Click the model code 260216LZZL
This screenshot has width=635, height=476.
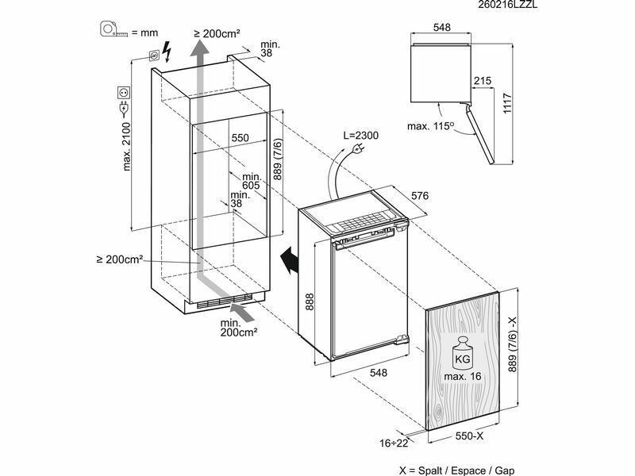[x=508, y=5]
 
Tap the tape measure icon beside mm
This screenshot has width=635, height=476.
[x=114, y=29]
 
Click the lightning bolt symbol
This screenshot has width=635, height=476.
[x=167, y=51]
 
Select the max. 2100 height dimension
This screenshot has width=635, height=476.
[x=127, y=147]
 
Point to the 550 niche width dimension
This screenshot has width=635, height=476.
[x=241, y=138]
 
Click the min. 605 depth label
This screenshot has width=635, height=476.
[x=252, y=181]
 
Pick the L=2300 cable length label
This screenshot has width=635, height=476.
[x=361, y=135]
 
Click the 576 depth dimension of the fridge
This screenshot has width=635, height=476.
[x=420, y=196]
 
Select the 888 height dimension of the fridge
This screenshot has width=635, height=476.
[x=310, y=302]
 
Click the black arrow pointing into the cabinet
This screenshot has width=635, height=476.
[x=289, y=261]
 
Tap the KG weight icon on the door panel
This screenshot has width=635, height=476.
[x=463, y=352]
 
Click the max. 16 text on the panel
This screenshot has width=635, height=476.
[x=463, y=376]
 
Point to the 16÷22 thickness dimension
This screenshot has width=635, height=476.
[x=394, y=443]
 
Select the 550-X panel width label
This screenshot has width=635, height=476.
[x=469, y=436]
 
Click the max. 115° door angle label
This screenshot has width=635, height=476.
[x=429, y=126]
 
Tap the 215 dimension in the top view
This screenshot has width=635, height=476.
[x=483, y=81]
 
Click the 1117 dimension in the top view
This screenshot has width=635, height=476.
[x=507, y=104]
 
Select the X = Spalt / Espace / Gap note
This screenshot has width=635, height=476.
[x=456, y=470]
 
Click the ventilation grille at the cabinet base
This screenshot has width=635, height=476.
[x=225, y=302]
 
